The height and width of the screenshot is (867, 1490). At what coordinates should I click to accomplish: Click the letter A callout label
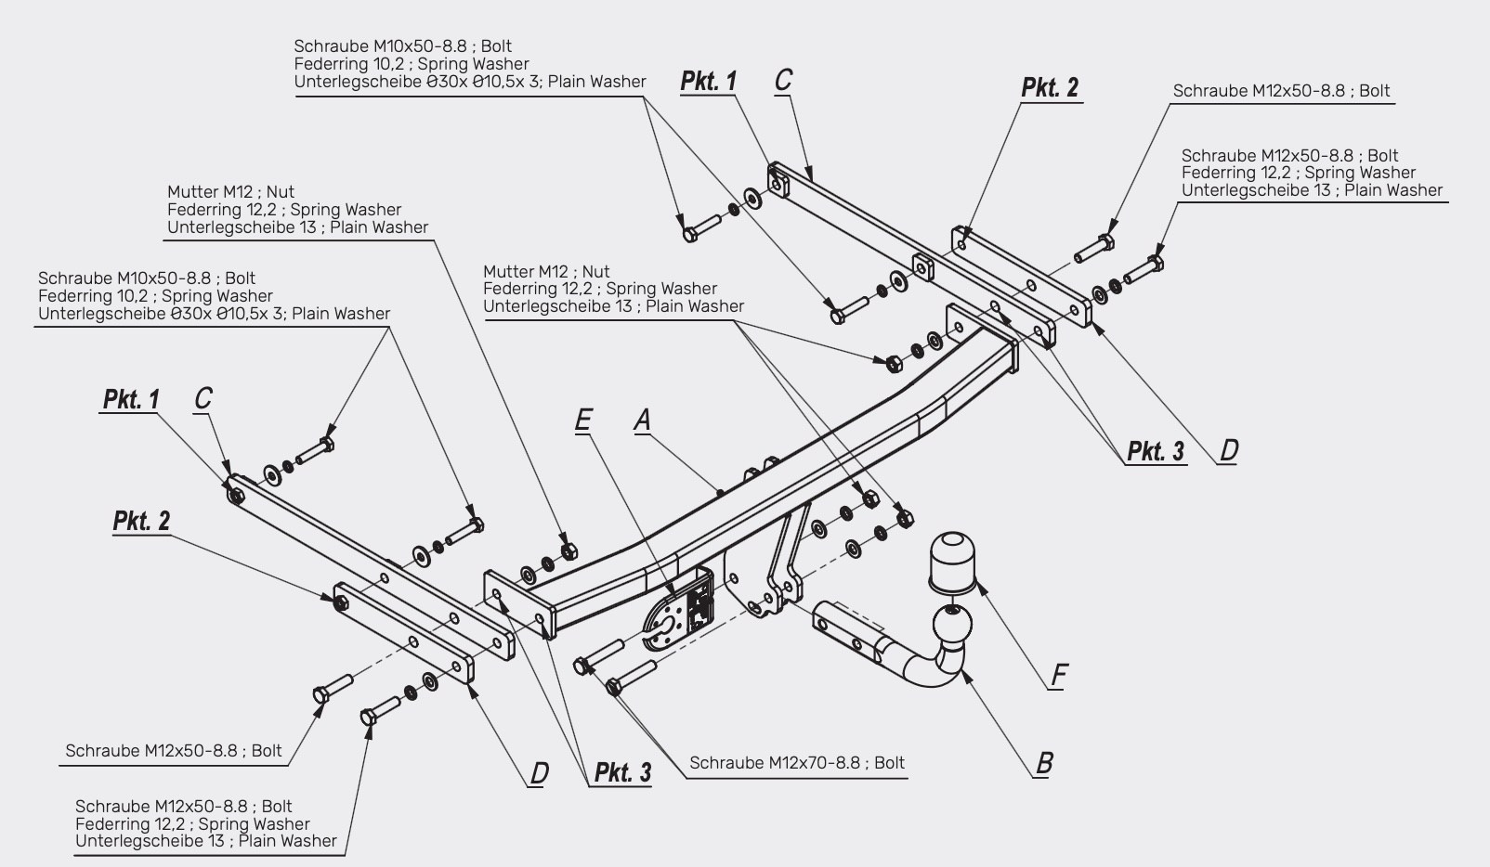[642, 421]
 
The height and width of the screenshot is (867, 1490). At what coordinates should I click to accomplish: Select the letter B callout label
[1044, 763]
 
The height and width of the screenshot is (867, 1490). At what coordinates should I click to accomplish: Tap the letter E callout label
[582, 421]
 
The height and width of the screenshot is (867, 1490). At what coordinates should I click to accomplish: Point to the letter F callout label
[1059, 675]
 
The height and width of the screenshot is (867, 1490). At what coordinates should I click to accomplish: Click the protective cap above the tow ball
[953, 562]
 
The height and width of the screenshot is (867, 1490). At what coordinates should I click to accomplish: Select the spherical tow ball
[952, 625]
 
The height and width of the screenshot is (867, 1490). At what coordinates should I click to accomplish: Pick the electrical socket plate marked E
[678, 609]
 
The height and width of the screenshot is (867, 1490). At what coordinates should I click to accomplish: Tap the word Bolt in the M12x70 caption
[889, 763]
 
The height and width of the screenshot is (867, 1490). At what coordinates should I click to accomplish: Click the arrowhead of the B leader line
[961, 673]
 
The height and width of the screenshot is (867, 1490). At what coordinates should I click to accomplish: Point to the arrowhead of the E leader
[673, 593]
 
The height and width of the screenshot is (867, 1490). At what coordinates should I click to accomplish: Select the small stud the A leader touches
[719, 493]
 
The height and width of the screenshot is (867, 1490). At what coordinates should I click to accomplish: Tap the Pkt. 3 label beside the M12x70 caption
[622, 772]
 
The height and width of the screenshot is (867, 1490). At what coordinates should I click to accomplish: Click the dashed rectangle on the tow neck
[858, 616]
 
